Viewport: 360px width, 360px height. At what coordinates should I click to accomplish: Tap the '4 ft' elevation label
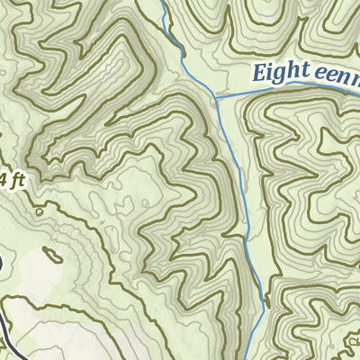coord(10,179)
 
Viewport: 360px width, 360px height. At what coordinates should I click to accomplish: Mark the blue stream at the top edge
coord(164,4)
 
